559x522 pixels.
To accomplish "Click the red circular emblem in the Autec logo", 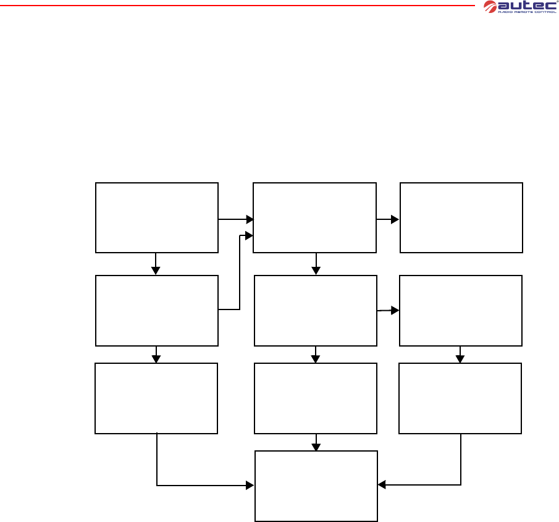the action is click(x=490, y=6).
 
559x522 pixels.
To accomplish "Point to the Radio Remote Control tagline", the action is click(x=523, y=12).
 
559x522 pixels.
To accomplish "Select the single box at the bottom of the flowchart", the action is click(x=316, y=486).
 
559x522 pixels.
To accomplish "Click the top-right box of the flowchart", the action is click(x=461, y=217).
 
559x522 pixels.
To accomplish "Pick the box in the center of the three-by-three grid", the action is click(x=316, y=311).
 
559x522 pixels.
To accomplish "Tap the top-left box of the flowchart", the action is click(x=157, y=217).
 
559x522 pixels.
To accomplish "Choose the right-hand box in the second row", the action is click(x=461, y=311).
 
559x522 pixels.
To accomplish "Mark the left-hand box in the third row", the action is click(x=156, y=398).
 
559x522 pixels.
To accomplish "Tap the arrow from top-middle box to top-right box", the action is click(x=388, y=219).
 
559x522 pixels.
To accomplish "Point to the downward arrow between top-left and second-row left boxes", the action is click(x=156, y=264).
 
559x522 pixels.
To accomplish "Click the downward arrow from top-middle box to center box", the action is click(x=316, y=264).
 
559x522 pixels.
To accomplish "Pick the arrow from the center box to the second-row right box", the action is click(x=389, y=310).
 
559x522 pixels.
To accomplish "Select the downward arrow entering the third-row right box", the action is click(x=460, y=355).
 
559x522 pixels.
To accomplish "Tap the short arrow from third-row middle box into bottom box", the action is click(x=316, y=442).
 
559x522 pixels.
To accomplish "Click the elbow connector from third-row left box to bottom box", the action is click(x=185, y=486).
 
